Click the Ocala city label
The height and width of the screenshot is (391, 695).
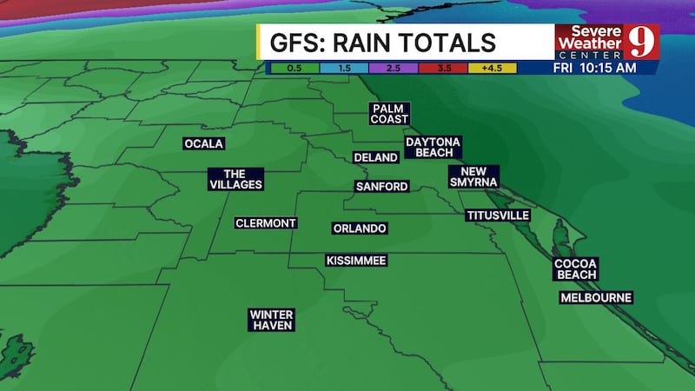click(204, 143)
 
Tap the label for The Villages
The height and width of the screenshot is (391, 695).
click(235, 178)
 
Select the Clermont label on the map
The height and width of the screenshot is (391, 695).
click(266, 223)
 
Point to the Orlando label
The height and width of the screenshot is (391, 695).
click(360, 229)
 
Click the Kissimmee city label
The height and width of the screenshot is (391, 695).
click(356, 261)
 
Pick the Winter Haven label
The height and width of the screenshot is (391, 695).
click(271, 320)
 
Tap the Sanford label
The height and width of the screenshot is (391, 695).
click(381, 187)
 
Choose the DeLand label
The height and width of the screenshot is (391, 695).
click(375, 157)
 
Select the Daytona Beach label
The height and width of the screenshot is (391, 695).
click(433, 147)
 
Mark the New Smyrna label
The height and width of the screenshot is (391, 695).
click(473, 176)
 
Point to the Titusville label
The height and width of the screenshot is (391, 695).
click(498, 215)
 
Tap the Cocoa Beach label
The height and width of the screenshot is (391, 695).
click(577, 268)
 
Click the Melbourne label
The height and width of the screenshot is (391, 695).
click(596, 298)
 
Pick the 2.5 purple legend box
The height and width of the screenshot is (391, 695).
click(393, 67)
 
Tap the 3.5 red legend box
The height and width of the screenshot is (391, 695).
click(442, 67)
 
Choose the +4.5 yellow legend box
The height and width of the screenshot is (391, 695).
click(493, 67)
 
